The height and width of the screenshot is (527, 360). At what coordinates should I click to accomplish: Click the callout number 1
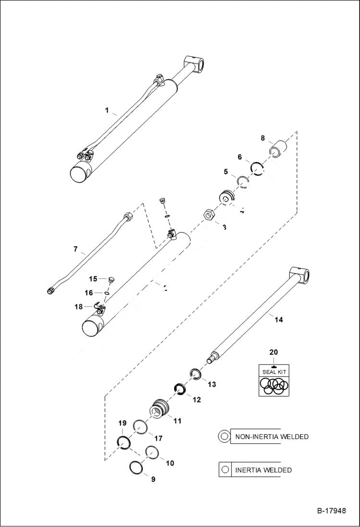(107, 110)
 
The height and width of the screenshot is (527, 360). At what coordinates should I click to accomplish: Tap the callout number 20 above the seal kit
(273, 352)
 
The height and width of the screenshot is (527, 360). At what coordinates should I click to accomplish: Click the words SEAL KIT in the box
(273, 372)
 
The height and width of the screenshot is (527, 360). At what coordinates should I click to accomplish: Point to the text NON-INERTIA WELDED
(272, 437)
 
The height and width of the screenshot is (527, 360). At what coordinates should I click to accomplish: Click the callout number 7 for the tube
(75, 249)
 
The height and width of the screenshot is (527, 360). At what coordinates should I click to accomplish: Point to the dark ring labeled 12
(180, 389)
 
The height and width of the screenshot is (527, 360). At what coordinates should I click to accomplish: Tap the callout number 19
(123, 423)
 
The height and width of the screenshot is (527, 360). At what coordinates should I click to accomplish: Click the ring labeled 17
(140, 427)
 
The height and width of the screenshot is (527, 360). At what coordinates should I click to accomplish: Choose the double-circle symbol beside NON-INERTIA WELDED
(224, 437)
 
